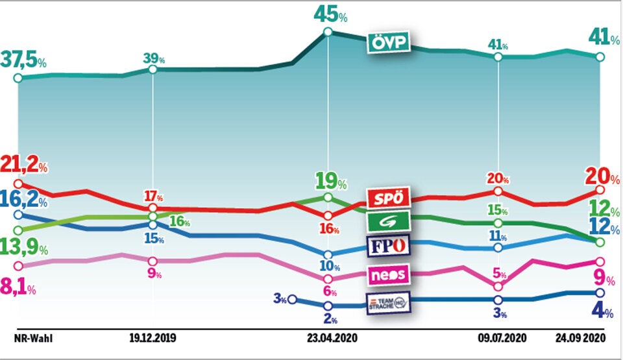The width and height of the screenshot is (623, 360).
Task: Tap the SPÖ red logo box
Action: (x=387, y=198)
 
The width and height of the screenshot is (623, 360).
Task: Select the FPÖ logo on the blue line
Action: (x=387, y=246)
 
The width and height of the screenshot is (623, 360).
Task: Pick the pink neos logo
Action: (x=389, y=275)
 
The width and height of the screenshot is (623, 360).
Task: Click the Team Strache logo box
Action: (x=389, y=302)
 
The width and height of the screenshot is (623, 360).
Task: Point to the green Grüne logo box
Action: (x=387, y=222)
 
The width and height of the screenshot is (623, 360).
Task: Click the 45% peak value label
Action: (x=330, y=14)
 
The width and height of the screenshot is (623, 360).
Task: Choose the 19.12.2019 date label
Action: (x=153, y=338)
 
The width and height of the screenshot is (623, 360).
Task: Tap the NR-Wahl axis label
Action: (x=33, y=338)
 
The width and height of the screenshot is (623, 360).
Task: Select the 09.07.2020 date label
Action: (x=498, y=338)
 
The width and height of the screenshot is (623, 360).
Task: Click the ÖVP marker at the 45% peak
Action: (x=328, y=32)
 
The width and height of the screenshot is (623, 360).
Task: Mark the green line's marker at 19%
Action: (x=328, y=197)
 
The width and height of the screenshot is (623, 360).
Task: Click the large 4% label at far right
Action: (x=601, y=313)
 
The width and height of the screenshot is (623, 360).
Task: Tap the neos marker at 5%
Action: (x=498, y=286)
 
